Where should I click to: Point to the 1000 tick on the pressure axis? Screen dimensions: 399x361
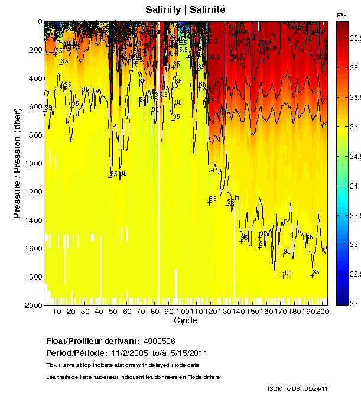point(34,163)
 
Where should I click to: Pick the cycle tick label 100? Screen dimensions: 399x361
point(183,312)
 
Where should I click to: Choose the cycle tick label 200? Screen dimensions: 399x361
point(323,312)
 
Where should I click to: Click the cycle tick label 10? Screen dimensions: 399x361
point(57,312)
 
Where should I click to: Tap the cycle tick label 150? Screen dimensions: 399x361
point(252,312)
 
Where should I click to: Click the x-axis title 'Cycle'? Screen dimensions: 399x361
point(186,321)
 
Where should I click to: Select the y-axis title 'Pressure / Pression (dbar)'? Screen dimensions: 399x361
point(17,163)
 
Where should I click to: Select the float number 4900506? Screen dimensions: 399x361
point(159,342)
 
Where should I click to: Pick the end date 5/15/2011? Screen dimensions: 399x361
point(187,353)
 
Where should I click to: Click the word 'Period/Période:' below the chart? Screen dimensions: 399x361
point(71,353)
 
